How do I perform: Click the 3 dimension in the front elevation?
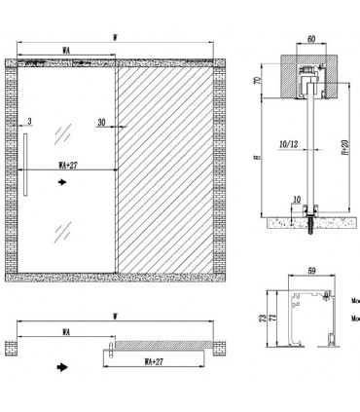(31, 122)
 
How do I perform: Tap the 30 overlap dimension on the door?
(100, 122)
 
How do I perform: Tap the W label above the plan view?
(115, 315)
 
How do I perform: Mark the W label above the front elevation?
(115, 38)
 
